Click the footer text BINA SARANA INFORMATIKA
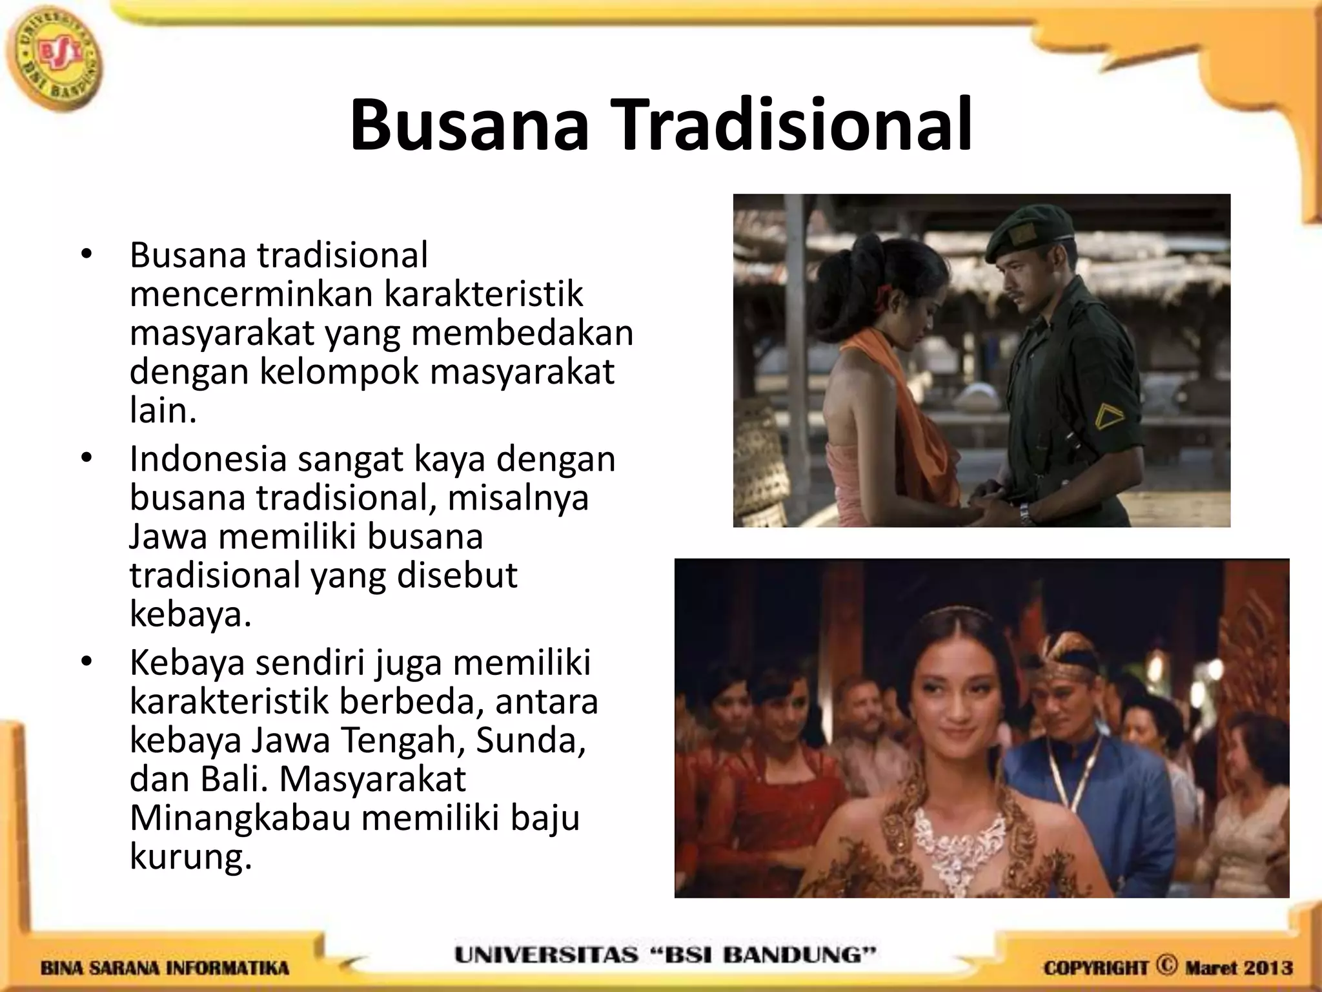[x=165, y=969]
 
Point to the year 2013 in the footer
[x=1268, y=968]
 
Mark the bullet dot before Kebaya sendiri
[x=86, y=662]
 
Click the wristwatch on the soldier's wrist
[x=1025, y=513]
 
